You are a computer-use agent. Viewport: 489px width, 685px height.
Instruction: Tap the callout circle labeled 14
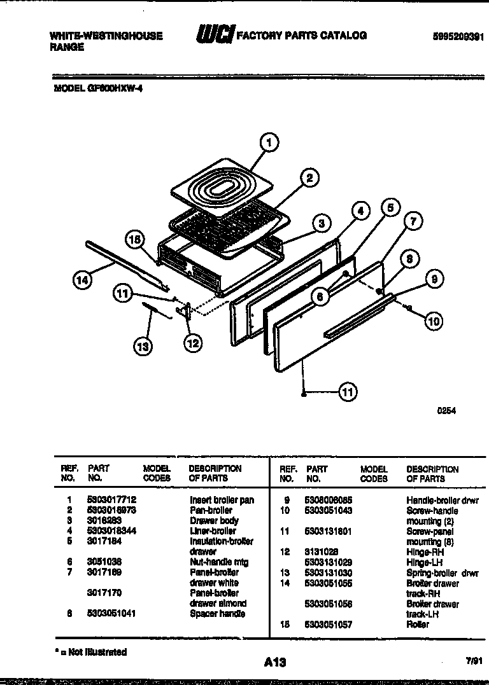pyautogui.click(x=81, y=279)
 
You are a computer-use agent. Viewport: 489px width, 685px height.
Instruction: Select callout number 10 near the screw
pyautogui.click(x=433, y=321)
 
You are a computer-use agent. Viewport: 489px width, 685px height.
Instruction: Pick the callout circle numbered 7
pyautogui.click(x=412, y=221)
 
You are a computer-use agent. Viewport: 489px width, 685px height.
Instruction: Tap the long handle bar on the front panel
pyautogui.click(x=360, y=314)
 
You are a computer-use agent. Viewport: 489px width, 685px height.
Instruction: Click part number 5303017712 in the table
pyautogui.click(x=111, y=500)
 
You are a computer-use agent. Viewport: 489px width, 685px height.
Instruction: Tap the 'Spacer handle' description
pyautogui.click(x=217, y=614)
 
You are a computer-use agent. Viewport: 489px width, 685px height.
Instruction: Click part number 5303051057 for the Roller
pyautogui.click(x=329, y=624)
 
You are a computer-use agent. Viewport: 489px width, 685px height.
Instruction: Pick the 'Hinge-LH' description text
pyautogui.click(x=425, y=563)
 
